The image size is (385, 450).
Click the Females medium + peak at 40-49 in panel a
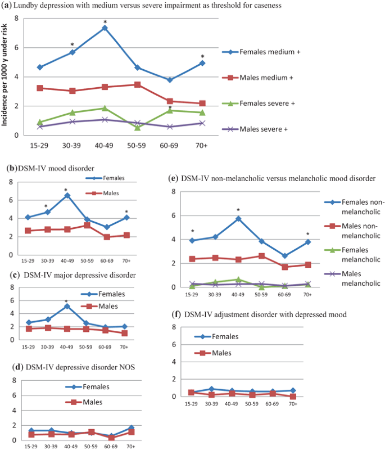pyautogui.click(x=105, y=28)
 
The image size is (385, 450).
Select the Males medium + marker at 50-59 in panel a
pyautogui.click(x=137, y=84)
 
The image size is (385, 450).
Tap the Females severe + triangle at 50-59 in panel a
pyautogui.click(x=137, y=127)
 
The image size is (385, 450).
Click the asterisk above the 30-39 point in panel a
pyautogui.click(x=72, y=45)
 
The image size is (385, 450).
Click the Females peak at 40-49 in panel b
pyautogui.click(x=67, y=195)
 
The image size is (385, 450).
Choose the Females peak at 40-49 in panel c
pyautogui.click(x=67, y=306)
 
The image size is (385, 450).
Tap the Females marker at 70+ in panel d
pyautogui.click(x=131, y=428)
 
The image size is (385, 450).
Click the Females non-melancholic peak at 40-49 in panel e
pyautogui.click(x=238, y=218)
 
